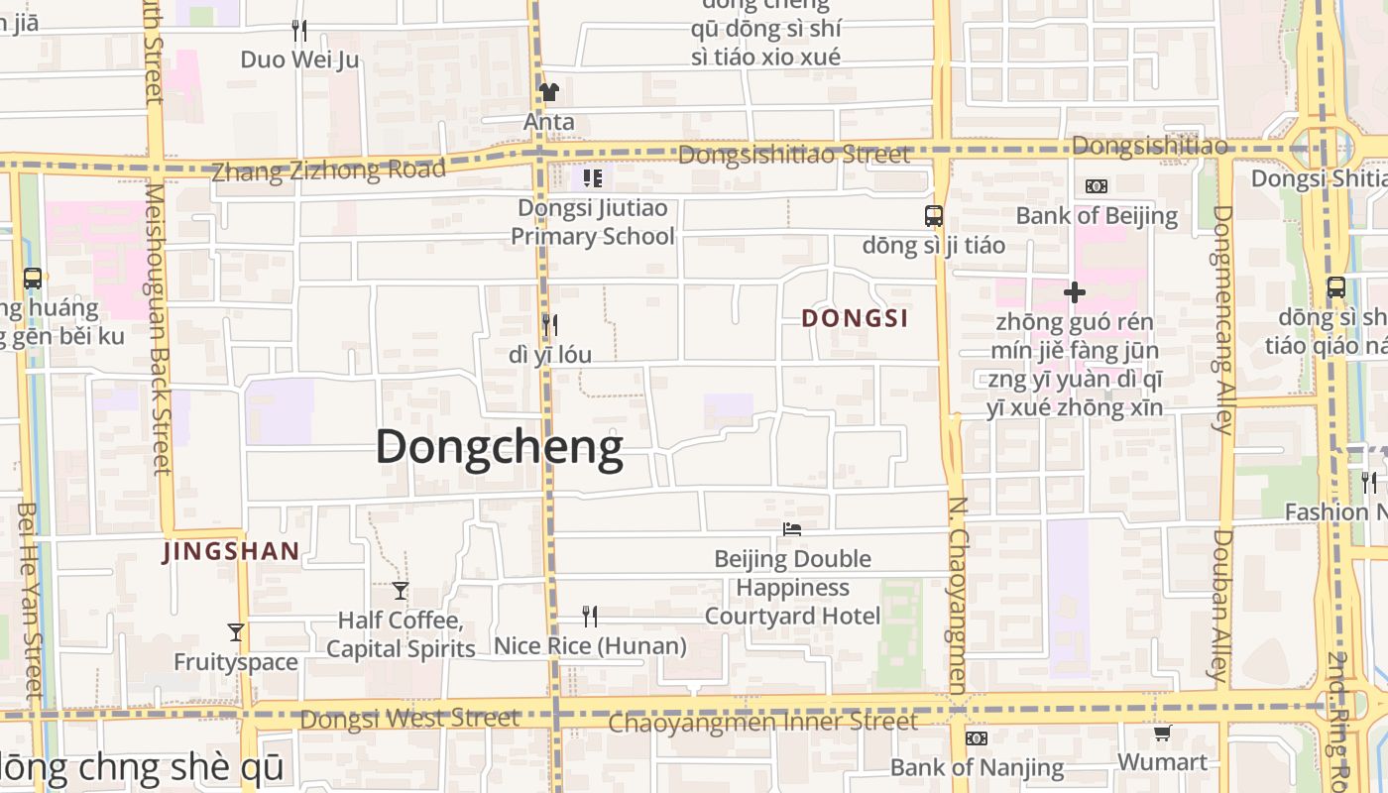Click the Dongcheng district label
click(499, 447)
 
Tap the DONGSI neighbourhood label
click(855, 318)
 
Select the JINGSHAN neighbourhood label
click(231, 551)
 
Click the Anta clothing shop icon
click(548, 92)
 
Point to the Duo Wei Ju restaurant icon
click(299, 31)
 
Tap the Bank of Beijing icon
click(1096, 186)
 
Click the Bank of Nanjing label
click(977, 767)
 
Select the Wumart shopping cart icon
click(1162, 734)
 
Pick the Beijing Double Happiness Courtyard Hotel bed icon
click(791, 529)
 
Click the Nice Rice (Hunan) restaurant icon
click(590, 617)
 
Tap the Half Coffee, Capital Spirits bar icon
click(401, 591)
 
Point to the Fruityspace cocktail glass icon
click(236, 632)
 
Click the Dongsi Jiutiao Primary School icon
click(593, 178)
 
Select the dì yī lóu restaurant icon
click(549, 324)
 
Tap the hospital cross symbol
click(1074, 292)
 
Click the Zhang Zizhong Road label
click(328, 170)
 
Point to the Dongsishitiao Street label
click(793, 155)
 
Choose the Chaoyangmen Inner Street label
click(762, 722)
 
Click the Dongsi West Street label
click(409, 718)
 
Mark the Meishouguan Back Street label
click(158, 327)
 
